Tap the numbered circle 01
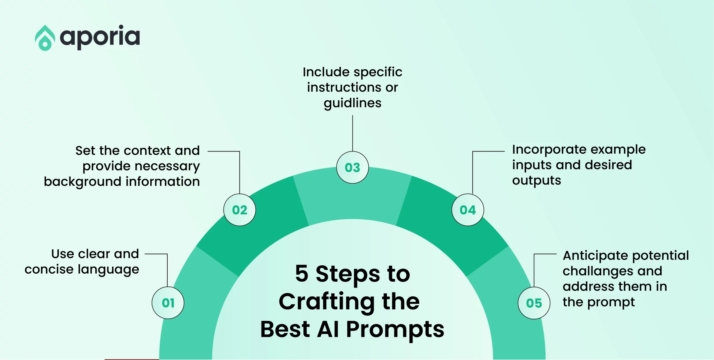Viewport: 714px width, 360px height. coord(168,303)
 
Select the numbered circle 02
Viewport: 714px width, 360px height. coord(240,210)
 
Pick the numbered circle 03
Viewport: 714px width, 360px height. coord(353,167)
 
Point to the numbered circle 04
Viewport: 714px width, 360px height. coord(468,210)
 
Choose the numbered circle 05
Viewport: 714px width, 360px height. coord(534,303)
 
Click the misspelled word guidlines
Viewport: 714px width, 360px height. coord(353,103)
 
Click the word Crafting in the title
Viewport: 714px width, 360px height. coord(327,302)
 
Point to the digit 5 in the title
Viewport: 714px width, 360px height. coord(302,273)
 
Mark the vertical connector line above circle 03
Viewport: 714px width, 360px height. coord(353,133)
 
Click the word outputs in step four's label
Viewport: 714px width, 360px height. coord(537,181)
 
